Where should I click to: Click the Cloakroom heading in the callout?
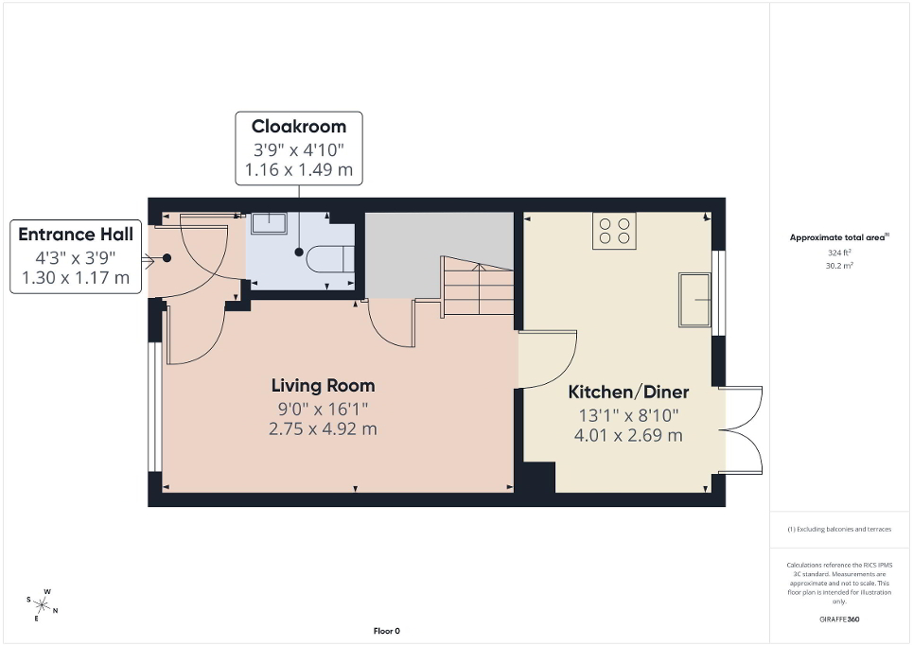pyautogui.click(x=298, y=127)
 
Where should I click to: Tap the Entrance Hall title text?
pyautogui.click(x=76, y=235)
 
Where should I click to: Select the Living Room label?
pyautogui.click(x=323, y=386)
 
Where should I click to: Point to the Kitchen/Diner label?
pyautogui.click(x=628, y=393)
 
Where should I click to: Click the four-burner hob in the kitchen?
pyautogui.click(x=614, y=230)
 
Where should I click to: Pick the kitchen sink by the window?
pyautogui.click(x=694, y=299)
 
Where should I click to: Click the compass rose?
pyautogui.click(x=43, y=603)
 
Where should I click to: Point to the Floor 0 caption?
pyautogui.click(x=387, y=631)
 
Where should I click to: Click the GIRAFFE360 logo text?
pyautogui.click(x=839, y=620)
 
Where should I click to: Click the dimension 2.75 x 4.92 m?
pyautogui.click(x=323, y=428)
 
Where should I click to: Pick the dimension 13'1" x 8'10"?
pyautogui.click(x=628, y=415)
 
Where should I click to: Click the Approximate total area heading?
pyautogui.click(x=839, y=238)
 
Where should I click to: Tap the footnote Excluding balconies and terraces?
pyautogui.click(x=839, y=530)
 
